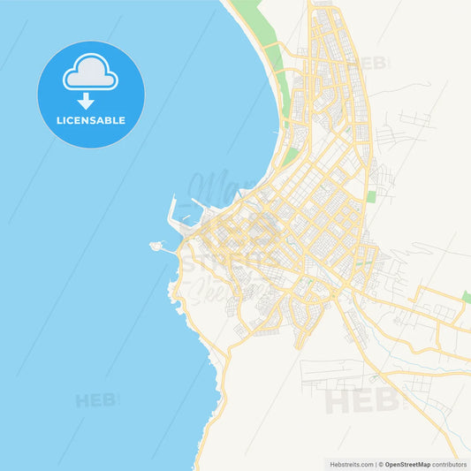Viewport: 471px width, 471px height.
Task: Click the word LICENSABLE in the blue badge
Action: pyautogui.click(x=91, y=119)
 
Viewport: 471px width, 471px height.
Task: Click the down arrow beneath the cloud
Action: pyautogui.click(x=87, y=101)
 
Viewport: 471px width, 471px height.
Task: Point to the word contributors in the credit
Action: pyautogui.click(x=451, y=463)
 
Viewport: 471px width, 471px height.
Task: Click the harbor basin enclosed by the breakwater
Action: pyautogui.click(x=186, y=210)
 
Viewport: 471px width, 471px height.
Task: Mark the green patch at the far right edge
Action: pyautogui.click(x=466, y=297)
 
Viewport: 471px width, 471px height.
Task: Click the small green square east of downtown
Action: pyautogui.click(x=371, y=196)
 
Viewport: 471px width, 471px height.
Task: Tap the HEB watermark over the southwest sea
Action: pyautogui.click(x=95, y=400)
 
